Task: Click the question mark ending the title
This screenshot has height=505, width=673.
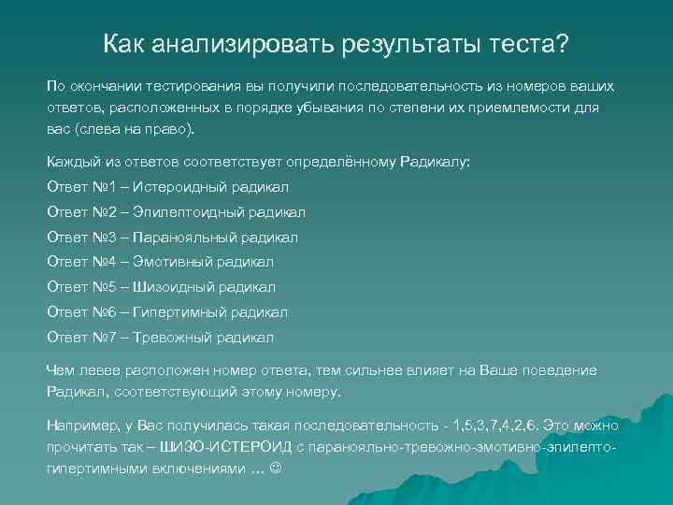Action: [564, 44]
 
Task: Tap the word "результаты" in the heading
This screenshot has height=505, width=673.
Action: [393, 44]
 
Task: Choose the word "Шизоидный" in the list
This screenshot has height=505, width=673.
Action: [167, 287]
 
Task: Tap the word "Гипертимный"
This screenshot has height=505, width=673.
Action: [174, 312]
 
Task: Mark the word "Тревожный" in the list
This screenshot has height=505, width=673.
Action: [167, 338]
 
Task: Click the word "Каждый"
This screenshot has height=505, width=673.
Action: [72, 161]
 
